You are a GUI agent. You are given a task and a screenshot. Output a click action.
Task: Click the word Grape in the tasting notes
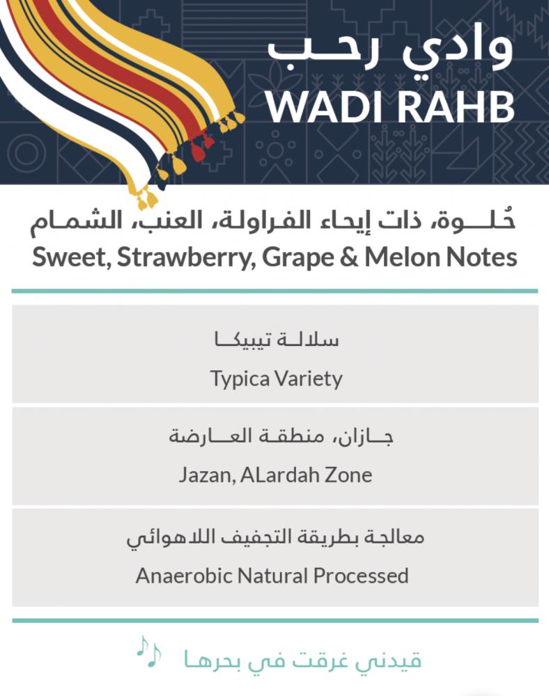pyautogui.click(x=298, y=258)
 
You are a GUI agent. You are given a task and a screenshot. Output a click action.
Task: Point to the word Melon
pyautogui.click(x=403, y=257)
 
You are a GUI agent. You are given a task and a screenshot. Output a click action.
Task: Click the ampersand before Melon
pyautogui.click(x=350, y=258)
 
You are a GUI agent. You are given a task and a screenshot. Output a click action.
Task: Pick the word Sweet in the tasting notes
pyautogui.click(x=72, y=258)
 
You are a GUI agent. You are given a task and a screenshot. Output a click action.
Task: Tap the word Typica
pyautogui.click(x=240, y=379)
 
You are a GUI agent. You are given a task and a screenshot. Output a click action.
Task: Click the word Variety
pyautogui.click(x=309, y=379)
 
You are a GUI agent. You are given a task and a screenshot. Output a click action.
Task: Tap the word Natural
pyautogui.click(x=272, y=576)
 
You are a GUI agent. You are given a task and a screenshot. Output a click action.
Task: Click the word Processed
pyautogui.click(x=361, y=576)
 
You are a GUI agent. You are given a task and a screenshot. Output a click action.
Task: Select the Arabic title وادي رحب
pyautogui.click(x=391, y=52)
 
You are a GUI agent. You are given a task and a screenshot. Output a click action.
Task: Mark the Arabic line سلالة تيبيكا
pyautogui.click(x=277, y=340)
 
